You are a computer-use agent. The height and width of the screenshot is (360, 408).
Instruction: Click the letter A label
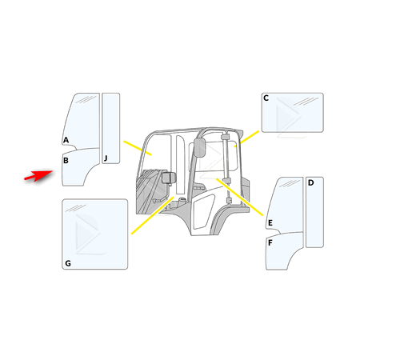tap(66, 140)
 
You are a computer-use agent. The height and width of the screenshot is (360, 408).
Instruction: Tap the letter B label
tap(66, 161)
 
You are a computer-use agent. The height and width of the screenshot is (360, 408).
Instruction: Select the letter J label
tap(106, 158)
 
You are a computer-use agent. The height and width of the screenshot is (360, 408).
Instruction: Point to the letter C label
tap(266, 98)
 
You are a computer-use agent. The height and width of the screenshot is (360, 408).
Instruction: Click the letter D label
tap(310, 182)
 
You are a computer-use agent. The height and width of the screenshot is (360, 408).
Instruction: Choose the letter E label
tap(270, 222)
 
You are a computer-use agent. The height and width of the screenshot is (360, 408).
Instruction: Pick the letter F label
tap(270, 243)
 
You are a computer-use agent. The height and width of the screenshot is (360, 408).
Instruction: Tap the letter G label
tap(68, 263)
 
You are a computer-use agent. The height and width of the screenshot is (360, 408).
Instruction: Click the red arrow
tap(38, 175)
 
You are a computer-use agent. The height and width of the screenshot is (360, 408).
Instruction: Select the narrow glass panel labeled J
tap(111, 128)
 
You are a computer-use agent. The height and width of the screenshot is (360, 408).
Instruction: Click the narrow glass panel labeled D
tap(314, 212)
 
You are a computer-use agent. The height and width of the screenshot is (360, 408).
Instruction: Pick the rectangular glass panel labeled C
tap(293, 113)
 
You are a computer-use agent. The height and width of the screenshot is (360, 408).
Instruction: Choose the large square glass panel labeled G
tap(95, 234)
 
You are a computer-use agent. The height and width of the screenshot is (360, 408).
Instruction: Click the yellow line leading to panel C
tap(250, 138)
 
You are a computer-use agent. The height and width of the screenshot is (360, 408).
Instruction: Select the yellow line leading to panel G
tap(153, 215)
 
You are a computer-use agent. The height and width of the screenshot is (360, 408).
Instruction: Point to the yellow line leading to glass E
tap(240, 197)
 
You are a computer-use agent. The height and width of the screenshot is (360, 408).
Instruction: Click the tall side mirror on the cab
tap(200, 147)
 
